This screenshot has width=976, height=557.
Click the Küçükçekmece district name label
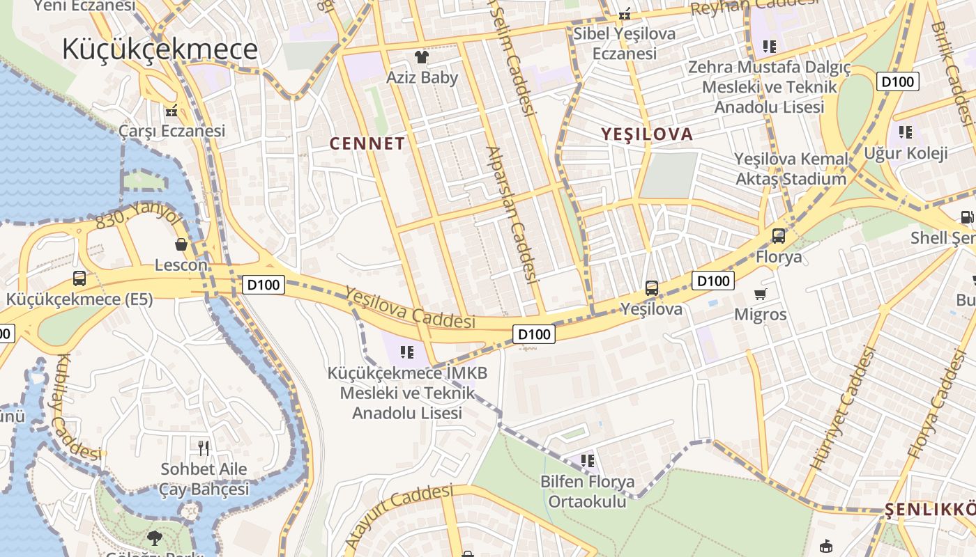pyautogui.click(x=160, y=49)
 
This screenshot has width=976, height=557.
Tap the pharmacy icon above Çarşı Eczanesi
pyautogui.click(x=171, y=109)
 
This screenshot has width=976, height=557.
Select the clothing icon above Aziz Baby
pyautogui.click(x=421, y=56)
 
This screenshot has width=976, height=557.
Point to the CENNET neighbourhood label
pyautogui.click(x=367, y=144)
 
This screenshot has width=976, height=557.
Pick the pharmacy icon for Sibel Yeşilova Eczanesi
pyautogui.click(x=625, y=13)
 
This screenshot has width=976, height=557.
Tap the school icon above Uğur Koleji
pyautogui.click(x=906, y=132)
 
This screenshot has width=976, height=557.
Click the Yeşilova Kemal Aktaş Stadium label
pyautogui.click(x=791, y=169)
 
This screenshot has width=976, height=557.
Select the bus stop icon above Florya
pyautogui.click(x=779, y=236)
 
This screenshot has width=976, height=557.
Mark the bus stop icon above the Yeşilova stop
pyautogui.click(x=652, y=288)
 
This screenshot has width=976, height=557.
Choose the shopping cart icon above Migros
pyautogui.click(x=761, y=294)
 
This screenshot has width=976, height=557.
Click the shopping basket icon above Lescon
pyautogui.click(x=181, y=244)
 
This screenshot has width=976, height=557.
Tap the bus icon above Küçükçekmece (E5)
pyautogui.click(x=79, y=278)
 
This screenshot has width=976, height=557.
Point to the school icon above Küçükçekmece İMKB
pyautogui.click(x=408, y=352)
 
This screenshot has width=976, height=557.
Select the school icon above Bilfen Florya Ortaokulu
pyautogui.click(x=588, y=460)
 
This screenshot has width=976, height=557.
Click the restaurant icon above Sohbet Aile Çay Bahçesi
pyautogui.click(x=204, y=447)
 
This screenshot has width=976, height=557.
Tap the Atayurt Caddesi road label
pyautogui.click(x=399, y=515)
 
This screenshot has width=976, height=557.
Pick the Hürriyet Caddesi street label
pyautogui.click(x=842, y=407)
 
